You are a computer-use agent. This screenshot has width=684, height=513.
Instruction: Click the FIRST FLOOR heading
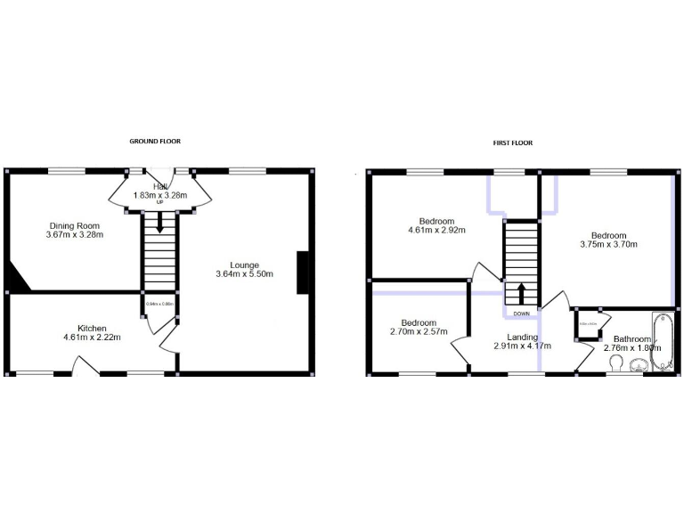(x=514, y=143)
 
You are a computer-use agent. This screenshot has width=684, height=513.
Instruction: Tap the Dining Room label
(x=75, y=225)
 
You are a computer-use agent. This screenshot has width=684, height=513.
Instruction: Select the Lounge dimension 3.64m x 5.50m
(x=244, y=274)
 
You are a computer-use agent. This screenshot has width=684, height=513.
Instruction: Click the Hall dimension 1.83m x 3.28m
(x=161, y=195)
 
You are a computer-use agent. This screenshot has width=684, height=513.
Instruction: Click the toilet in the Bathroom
(x=617, y=362)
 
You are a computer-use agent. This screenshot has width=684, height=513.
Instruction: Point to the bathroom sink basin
(x=639, y=363)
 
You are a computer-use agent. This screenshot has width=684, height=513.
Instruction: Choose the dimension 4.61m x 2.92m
(x=437, y=231)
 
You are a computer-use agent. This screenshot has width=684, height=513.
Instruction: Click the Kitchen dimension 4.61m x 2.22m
(x=92, y=338)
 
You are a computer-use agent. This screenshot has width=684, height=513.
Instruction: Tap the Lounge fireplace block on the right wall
(x=304, y=272)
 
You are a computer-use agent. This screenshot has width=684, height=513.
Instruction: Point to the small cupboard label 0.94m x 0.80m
(x=159, y=304)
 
